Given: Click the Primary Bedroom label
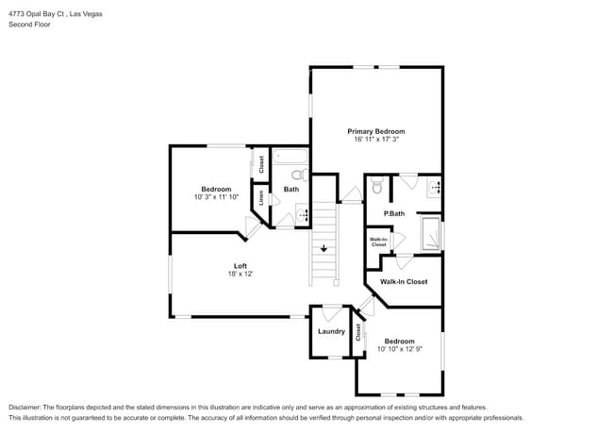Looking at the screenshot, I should [375, 131].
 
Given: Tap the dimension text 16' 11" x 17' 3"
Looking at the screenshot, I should [375, 140].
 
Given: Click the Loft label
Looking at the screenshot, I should [240, 265].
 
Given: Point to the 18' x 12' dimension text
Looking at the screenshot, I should [240, 274].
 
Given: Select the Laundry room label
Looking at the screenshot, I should [331, 331].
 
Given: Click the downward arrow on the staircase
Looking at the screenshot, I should [323, 249].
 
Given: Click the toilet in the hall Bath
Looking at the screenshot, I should [298, 175].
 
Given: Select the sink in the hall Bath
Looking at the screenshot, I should [303, 216].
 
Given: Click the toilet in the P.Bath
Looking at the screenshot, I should [376, 188].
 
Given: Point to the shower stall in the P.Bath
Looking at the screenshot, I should [431, 231].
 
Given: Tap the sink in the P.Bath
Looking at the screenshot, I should [435, 187].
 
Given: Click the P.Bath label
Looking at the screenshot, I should [394, 214].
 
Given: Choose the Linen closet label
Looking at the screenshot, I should [261, 199].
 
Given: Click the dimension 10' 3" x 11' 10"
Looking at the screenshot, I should [216, 197].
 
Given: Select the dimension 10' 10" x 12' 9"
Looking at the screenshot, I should [399, 349].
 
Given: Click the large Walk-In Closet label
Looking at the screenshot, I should [404, 281].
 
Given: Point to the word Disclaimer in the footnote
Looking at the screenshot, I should [29, 406].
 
